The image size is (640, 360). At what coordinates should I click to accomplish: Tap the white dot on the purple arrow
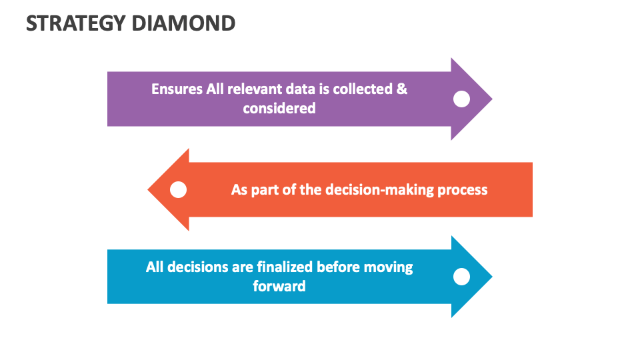pos(461,99)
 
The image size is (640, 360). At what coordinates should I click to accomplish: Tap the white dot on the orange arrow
pos(178,190)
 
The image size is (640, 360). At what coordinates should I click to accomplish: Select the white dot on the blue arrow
pos(461,277)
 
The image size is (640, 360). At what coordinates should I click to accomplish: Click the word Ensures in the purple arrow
pos(177,89)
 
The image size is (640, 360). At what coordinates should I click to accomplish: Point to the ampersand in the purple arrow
pos(402,89)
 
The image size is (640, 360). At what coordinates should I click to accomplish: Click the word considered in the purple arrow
pos(279,108)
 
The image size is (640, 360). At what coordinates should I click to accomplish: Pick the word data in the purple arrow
pos(296,89)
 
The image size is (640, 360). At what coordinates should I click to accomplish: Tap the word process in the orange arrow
pos(463,190)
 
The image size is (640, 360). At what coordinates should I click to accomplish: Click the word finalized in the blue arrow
pos(285,267)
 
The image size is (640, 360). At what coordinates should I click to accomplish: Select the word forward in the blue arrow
pos(279,287)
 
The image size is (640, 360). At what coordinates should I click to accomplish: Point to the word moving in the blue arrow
pos(388,267)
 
